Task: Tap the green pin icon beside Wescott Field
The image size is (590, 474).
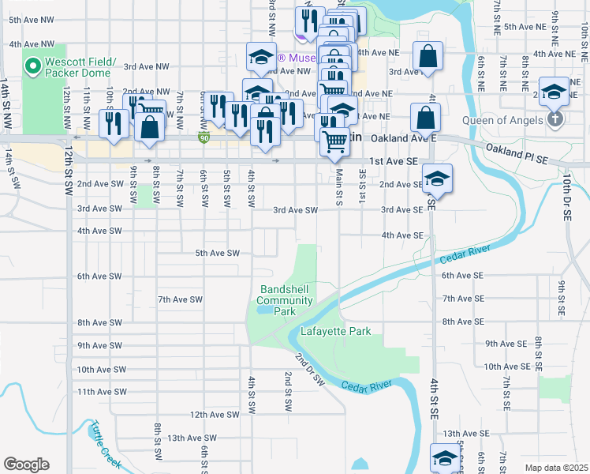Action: click(33, 66)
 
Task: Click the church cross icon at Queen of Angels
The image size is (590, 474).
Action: click(555, 120)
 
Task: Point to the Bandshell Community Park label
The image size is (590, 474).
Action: click(286, 300)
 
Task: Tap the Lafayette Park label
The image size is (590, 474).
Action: click(335, 332)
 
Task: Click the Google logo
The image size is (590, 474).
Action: click(26, 465)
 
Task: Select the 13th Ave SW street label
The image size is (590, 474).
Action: click(186, 438)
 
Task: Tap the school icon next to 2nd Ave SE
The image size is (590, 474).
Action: click(436, 179)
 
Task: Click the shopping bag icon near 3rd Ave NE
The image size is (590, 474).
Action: click(427, 57)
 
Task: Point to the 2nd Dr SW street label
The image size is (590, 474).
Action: click(310, 369)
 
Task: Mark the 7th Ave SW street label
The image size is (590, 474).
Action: click(181, 300)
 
